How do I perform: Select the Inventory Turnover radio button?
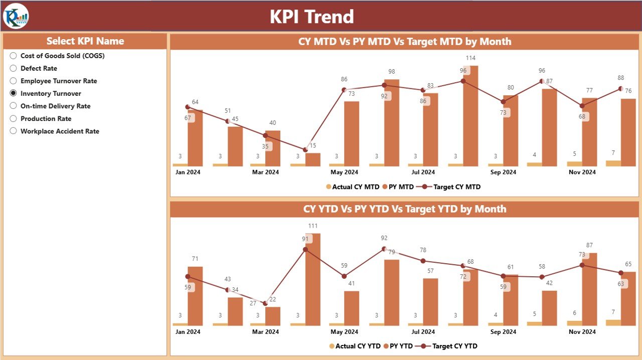click(14, 93)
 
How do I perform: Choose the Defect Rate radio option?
click(14, 68)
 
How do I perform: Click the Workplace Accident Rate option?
click(14, 131)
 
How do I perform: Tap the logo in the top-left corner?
click(16, 16)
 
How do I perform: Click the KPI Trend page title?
click(311, 17)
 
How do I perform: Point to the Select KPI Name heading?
click(85, 41)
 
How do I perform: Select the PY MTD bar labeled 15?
click(312, 159)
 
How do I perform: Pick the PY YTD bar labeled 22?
click(272, 316)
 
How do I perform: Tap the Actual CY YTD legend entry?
click(354, 346)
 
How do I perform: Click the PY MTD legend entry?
click(399, 187)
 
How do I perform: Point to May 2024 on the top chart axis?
click(344, 172)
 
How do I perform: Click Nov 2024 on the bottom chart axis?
click(582, 331)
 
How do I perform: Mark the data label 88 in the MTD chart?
click(620, 78)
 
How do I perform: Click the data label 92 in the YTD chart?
click(384, 238)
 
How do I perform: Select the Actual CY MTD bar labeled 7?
click(613, 163)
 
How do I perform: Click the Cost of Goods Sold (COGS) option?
click(14, 56)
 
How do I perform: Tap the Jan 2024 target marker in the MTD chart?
click(188, 107)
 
